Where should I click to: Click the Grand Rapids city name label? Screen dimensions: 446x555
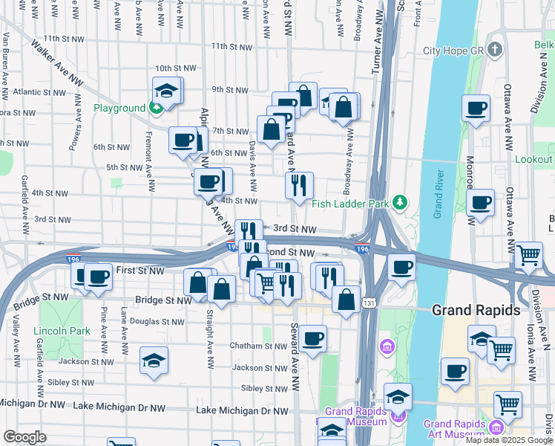pyautogui.click(x=476, y=310)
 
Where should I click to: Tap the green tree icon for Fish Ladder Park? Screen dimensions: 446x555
pyautogui.click(x=401, y=201)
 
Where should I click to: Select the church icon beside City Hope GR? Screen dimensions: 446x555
pyautogui.click(x=496, y=50)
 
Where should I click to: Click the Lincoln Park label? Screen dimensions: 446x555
pyautogui.click(x=62, y=331)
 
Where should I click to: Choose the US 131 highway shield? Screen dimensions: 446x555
pyautogui.click(x=369, y=303)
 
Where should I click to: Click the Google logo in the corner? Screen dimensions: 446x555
pyautogui.click(x=24, y=437)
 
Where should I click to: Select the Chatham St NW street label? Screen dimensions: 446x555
pyautogui.click(x=237, y=346)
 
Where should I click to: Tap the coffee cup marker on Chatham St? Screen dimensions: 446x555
pyautogui.click(x=312, y=338)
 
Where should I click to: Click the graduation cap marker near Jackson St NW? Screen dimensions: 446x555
pyautogui.click(x=154, y=361)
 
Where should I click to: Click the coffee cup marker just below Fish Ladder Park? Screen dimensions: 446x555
pyautogui.click(x=401, y=267)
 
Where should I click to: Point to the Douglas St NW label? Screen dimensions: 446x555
pyautogui.click(x=157, y=322)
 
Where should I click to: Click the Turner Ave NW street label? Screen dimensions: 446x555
pyautogui.click(x=376, y=45)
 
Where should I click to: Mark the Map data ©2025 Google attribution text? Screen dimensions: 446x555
pyautogui.click(x=508, y=440)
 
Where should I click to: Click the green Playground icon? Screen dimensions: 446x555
pyautogui.click(x=156, y=108)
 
